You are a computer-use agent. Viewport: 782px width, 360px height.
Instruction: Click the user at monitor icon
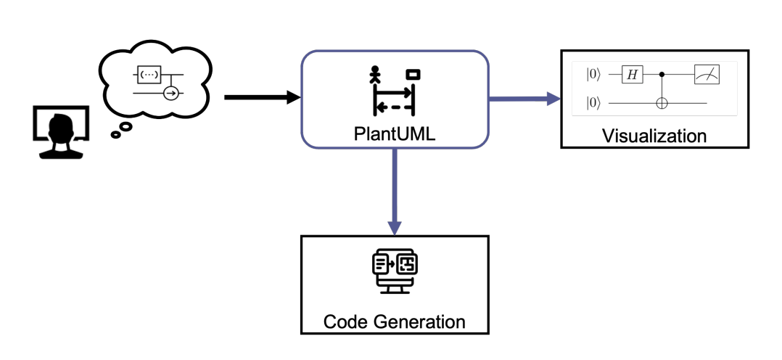pos(61,131)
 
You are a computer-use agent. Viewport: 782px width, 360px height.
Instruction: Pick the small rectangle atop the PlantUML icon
pos(413,74)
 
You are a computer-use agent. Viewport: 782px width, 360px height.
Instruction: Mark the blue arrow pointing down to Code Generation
pos(394,192)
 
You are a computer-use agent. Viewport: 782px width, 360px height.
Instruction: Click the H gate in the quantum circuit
pos(632,74)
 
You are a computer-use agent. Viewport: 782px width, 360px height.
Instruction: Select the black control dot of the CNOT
pos(661,74)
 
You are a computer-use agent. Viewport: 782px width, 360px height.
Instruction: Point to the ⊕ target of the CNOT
pos(661,104)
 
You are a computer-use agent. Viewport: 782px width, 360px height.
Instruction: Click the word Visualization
pos(654,136)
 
